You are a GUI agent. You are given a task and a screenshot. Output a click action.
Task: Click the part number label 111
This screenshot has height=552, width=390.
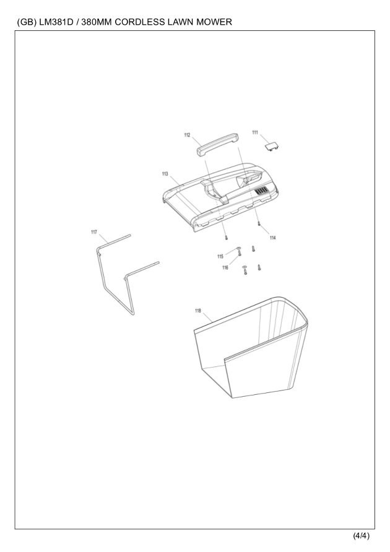click(255, 132)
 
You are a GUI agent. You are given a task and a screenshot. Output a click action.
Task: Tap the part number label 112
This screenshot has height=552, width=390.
click(187, 135)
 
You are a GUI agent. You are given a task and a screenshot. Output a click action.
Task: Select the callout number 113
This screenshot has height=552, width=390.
click(165, 174)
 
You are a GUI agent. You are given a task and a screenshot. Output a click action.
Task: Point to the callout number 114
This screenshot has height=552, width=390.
click(272, 238)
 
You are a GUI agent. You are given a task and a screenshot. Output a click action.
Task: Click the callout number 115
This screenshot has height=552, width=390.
click(220, 256)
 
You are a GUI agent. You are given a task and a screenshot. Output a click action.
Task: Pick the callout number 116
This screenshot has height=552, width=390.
click(225, 267)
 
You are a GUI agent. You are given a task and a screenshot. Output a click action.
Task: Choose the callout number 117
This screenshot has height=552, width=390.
click(94, 232)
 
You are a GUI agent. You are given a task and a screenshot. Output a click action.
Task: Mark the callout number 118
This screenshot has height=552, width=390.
click(198, 311)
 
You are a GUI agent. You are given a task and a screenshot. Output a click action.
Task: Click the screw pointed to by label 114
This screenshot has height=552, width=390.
click(259, 223)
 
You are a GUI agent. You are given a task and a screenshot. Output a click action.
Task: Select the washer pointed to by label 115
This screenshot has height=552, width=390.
click(238, 249)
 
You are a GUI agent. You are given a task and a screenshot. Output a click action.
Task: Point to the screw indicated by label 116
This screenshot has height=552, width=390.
click(240, 252)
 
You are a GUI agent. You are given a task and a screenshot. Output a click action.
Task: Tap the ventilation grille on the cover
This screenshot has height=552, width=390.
click(261, 191)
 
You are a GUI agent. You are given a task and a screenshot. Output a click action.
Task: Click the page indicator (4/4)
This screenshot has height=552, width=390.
click(362, 536)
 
